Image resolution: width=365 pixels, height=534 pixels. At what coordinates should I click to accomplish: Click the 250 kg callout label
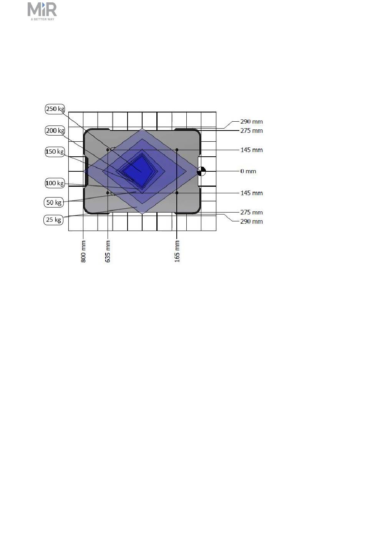tap(55, 109)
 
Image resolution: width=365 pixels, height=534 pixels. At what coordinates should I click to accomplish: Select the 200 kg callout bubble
tap(55, 131)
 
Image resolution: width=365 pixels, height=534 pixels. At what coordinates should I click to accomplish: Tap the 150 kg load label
tap(55, 152)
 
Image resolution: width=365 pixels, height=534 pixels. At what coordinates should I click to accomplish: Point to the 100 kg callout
tap(55, 183)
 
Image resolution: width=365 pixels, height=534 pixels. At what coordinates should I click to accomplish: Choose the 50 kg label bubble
tap(54, 203)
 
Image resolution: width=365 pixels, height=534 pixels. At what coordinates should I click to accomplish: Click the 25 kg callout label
tap(53, 219)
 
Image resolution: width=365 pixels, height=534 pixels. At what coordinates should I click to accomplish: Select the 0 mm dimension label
tap(248, 171)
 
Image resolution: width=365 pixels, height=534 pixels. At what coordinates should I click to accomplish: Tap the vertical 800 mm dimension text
tap(83, 251)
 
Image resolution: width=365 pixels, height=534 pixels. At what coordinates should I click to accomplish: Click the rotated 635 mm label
tap(108, 251)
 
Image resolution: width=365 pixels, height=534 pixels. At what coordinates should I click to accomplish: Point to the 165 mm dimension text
tap(177, 251)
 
